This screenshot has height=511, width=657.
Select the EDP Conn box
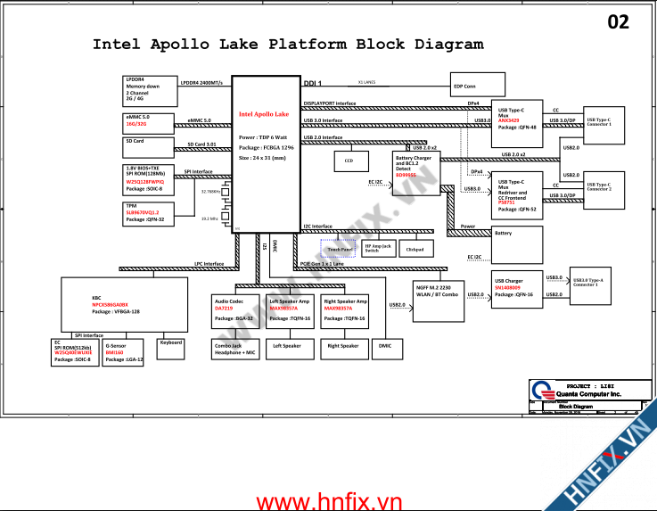point(472,87)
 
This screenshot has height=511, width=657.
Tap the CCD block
point(349,161)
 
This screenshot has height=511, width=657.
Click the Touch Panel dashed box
point(338,249)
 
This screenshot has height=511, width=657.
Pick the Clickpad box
point(415,249)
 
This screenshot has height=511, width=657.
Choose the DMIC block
point(384,346)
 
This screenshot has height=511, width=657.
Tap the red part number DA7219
point(223,309)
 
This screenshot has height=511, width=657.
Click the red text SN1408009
point(507,287)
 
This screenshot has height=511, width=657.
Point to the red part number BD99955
point(407,175)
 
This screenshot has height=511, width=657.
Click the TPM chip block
point(146,213)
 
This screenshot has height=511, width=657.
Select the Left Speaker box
point(287,346)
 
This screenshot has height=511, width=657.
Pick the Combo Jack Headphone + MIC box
point(234,349)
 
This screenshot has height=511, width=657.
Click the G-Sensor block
point(123,351)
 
